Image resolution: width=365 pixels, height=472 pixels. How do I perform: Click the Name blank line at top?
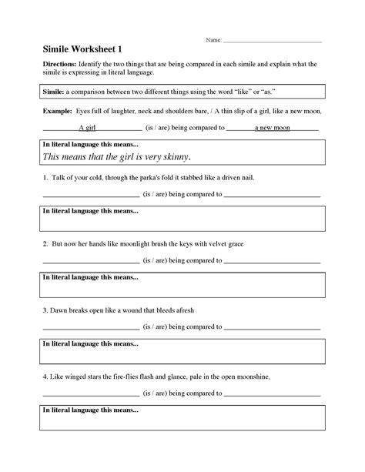pyautogui.click(x=270, y=40)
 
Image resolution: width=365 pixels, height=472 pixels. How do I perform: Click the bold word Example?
pyautogui.click(x=56, y=111)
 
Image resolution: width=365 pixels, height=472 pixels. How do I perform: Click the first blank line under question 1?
pyautogui.click(x=91, y=196)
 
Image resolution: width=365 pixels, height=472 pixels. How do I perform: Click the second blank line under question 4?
pyautogui.click(x=272, y=395)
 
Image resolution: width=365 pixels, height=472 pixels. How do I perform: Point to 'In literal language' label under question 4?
pyautogui.click(x=90, y=410)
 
